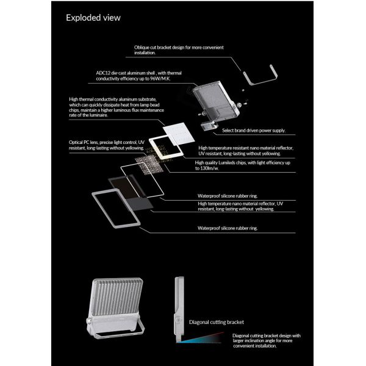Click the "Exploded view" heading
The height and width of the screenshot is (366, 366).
[93, 18]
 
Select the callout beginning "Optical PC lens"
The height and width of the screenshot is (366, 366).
[107, 145]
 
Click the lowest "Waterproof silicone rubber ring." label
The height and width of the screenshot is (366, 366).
[228, 227]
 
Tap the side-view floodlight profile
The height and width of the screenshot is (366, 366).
[178, 305]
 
